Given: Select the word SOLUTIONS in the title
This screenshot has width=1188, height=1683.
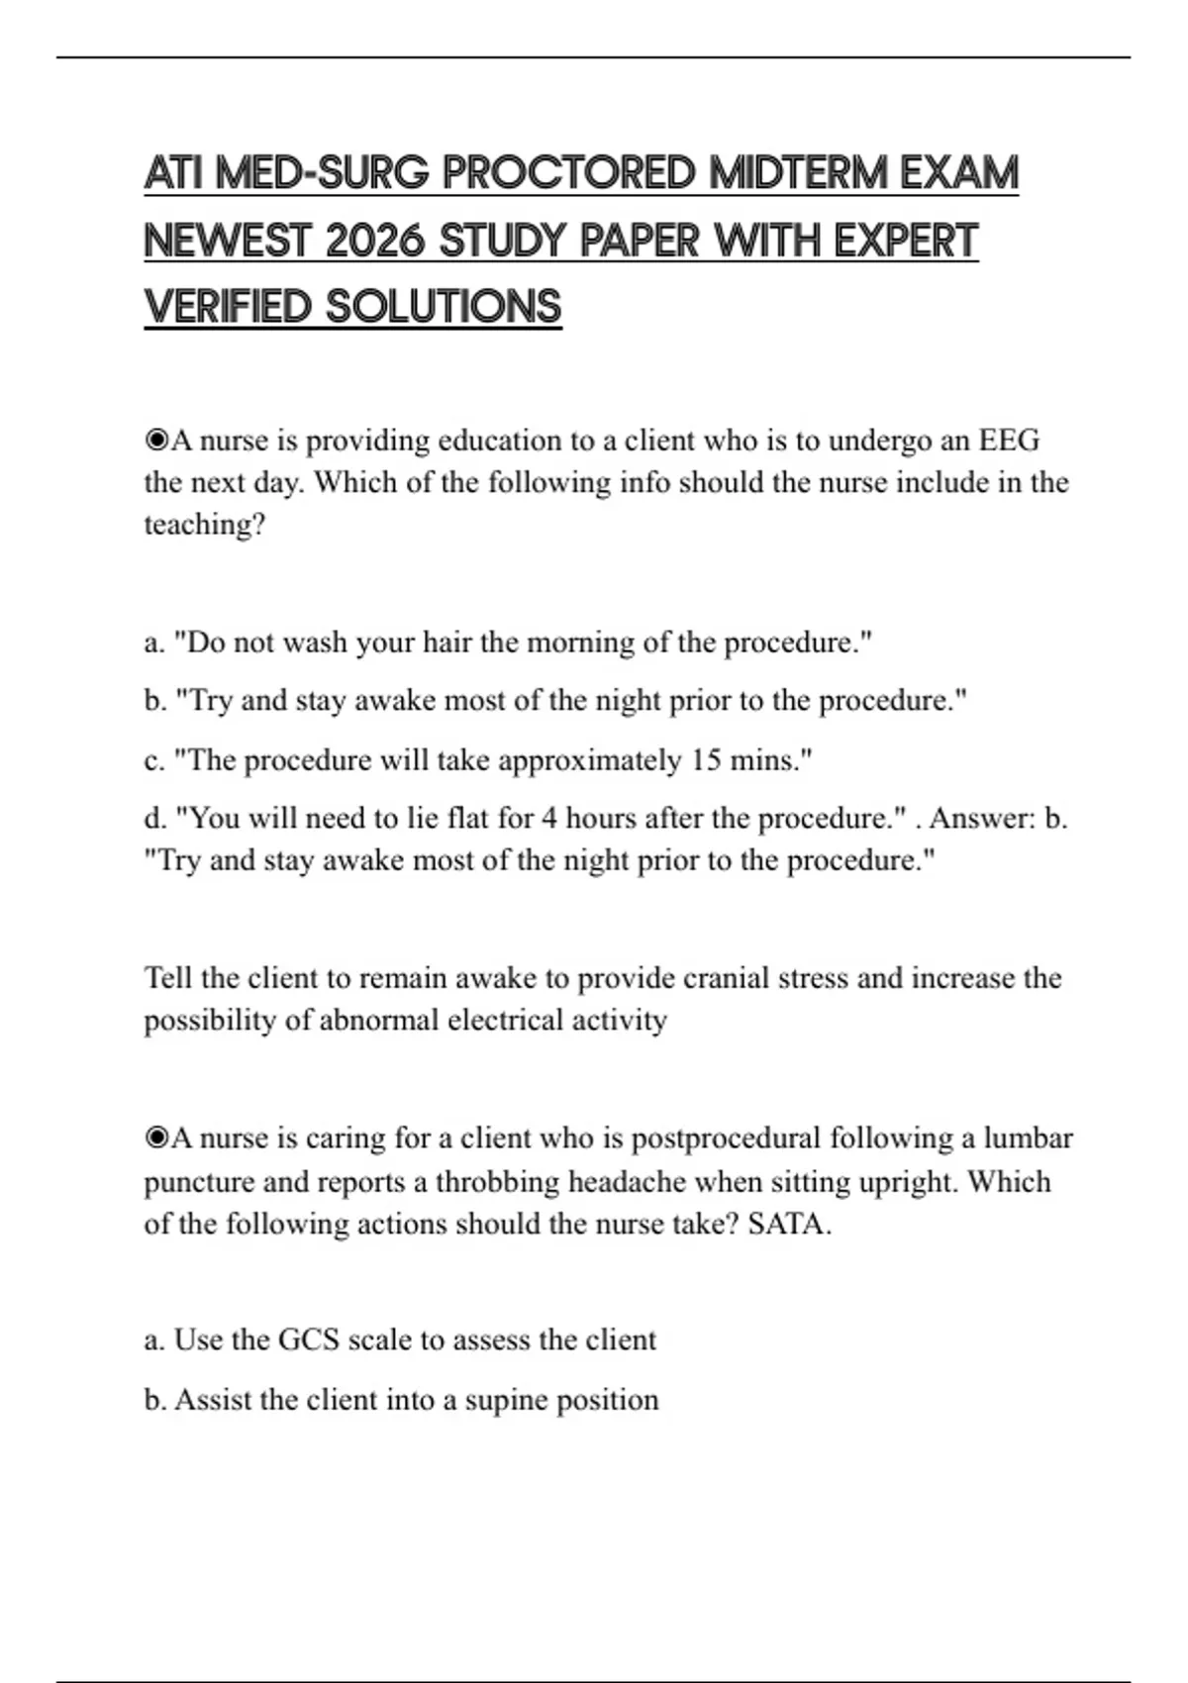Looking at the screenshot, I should click(x=444, y=307).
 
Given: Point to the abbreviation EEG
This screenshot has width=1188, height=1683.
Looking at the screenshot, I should click(x=1009, y=440).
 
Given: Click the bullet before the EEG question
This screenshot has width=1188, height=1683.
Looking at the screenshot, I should click(x=156, y=440).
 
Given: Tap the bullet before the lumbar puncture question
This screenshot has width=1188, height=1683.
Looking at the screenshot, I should click(x=156, y=1138).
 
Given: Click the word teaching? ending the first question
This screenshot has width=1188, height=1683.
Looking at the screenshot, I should click(x=205, y=524).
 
